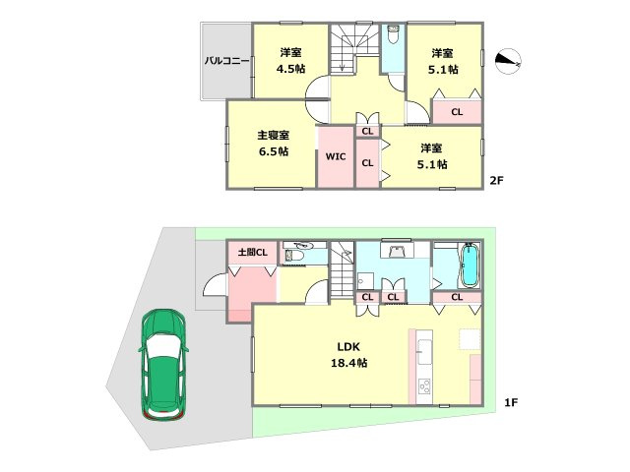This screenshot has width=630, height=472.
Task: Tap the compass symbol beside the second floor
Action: coord(508,61)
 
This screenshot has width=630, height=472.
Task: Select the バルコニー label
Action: coord(226,61)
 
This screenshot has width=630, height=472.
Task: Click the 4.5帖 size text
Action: coord(290,69)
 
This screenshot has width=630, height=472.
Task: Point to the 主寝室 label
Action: coord(274,135)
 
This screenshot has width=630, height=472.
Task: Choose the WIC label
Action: coord(336,156)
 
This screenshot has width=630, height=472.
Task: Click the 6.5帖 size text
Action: coord(274,151)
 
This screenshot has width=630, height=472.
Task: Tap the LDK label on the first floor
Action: coord(348,346)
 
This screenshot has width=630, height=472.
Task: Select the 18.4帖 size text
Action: coord(348,363)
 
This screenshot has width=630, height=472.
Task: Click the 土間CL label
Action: coord(252,252)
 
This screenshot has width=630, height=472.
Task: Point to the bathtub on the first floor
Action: coord(469,265)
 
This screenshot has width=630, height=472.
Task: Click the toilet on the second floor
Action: coord(393,34)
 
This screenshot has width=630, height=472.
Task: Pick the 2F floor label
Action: coord(496,180)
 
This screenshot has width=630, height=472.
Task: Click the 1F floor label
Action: coord(511,402)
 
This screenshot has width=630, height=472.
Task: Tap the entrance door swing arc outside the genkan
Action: coord(213,282)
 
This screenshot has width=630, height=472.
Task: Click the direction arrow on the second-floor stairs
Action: coord(342,59)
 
